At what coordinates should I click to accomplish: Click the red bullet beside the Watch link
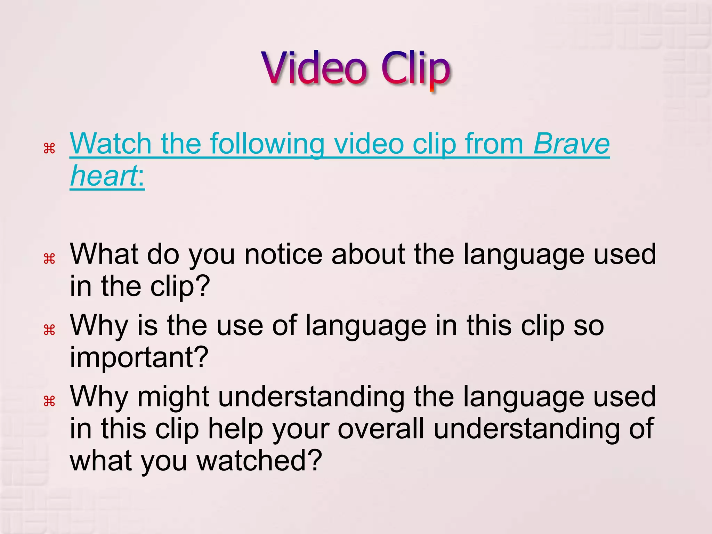[x=49, y=148]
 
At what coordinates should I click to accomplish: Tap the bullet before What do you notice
[x=49, y=259]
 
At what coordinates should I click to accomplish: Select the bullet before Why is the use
[x=49, y=330]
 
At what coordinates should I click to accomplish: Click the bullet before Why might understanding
[x=49, y=401]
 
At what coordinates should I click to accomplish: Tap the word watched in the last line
[x=259, y=460]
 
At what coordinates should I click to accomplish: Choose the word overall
[x=381, y=428]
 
